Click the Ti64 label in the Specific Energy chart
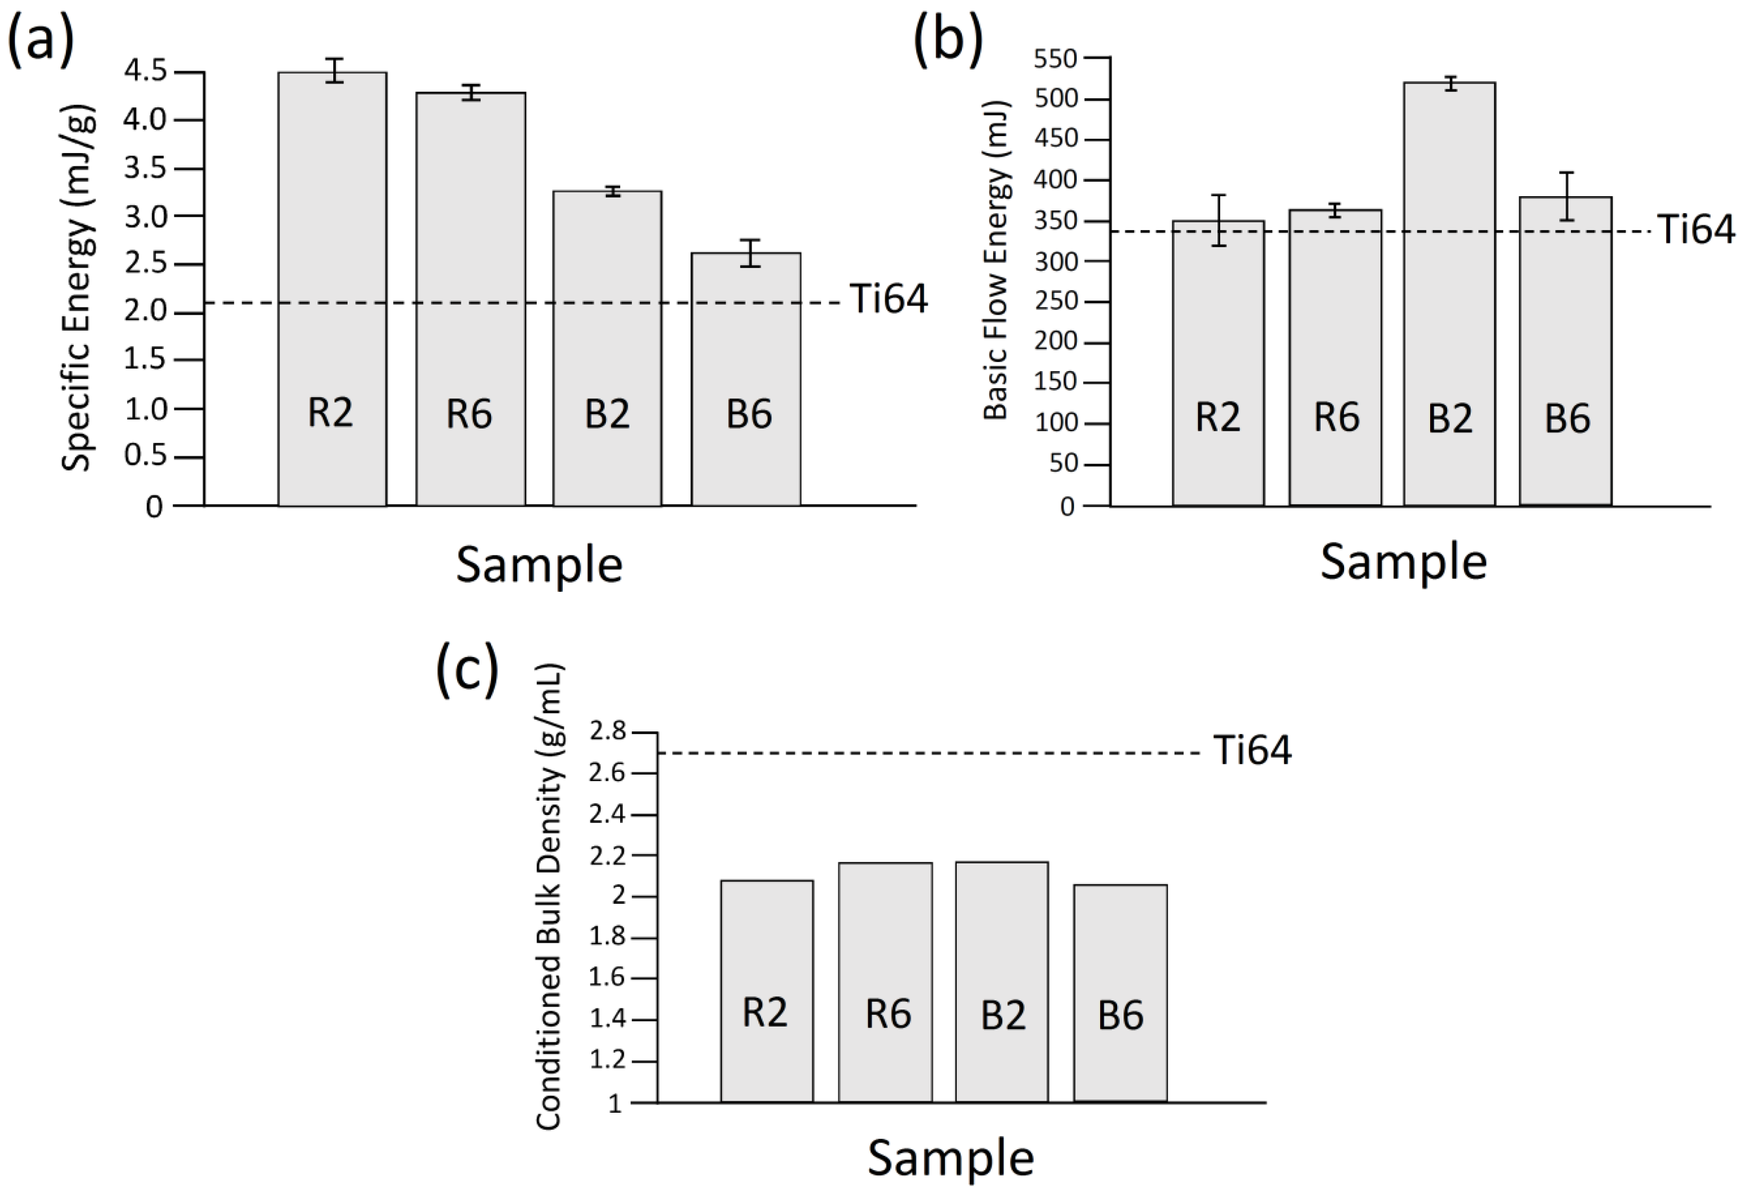pos(889,299)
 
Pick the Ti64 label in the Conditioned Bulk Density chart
pos(1252,751)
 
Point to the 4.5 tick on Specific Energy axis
pos(145,71)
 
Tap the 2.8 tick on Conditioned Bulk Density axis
pos(608,731)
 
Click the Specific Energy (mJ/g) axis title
pos(78,286)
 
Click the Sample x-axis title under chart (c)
pos(951,1157)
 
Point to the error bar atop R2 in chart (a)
pos(335,70)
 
